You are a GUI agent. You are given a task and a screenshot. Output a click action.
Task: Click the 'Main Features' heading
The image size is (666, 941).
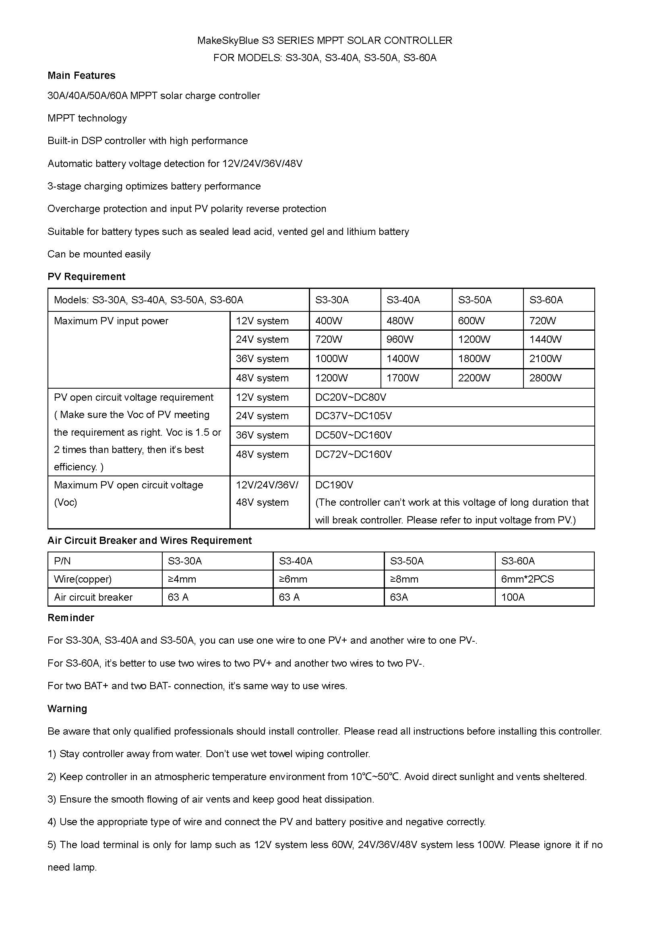click(x=81, y=75)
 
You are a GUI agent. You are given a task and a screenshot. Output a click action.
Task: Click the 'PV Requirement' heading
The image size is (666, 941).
click(x=86, y=277)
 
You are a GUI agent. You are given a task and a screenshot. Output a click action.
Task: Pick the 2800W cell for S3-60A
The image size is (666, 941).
click(x=545, y=378)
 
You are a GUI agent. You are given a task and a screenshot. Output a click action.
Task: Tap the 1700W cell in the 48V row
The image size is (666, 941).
click(x=402, y=378)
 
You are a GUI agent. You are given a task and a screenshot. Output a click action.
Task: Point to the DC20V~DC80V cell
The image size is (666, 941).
click(x=351, y=397)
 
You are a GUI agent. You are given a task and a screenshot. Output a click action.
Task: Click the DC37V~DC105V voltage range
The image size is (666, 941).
click(x=353, y=416)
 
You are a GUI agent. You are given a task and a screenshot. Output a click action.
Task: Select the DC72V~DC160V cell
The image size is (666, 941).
click(x=353, y=455)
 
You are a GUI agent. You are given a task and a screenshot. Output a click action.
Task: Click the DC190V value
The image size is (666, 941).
click(x=334, y=485)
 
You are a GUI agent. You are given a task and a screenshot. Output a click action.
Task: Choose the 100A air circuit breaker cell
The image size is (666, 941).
click(x=513, y=597)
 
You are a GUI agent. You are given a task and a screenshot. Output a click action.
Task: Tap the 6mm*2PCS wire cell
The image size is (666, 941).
click(x=527, y=579)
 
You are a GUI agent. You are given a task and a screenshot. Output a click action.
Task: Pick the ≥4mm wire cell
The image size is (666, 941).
click(x=182, y=579)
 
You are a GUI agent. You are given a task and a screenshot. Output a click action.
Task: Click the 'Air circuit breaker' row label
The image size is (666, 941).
click(x=93, y=597)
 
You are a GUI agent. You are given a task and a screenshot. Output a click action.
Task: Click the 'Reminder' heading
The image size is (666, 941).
click(x=70, y=618)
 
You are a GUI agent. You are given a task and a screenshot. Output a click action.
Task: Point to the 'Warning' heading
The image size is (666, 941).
click(x=67, y=708)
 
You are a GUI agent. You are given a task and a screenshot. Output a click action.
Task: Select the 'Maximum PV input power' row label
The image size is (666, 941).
click(x=111, y=321)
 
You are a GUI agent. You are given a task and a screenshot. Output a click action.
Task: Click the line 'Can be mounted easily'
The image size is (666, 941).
click(x=99, y=254)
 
